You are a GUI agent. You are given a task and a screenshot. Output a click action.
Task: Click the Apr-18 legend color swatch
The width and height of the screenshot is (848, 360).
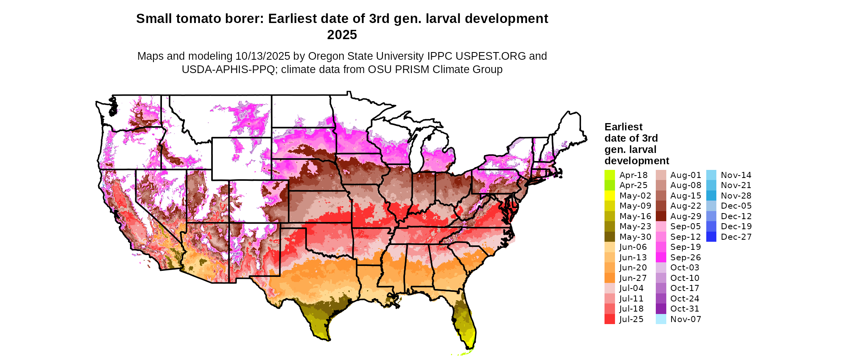609,175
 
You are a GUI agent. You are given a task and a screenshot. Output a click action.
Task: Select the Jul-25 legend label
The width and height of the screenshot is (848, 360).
631,319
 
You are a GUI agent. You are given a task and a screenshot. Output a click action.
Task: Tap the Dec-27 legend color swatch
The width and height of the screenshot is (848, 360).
711,237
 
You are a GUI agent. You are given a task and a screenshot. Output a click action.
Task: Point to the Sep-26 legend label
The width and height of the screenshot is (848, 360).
685,257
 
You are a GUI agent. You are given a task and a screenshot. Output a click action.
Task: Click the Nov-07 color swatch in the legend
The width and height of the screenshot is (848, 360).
661,319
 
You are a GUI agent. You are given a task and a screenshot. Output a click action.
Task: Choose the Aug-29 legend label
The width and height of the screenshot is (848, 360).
685,216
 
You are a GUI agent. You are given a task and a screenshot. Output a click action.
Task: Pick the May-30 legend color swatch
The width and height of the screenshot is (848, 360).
609,237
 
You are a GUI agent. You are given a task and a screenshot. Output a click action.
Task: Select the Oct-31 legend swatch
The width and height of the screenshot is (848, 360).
661,309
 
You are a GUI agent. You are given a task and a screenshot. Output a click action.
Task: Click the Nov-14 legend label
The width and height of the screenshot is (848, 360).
736,175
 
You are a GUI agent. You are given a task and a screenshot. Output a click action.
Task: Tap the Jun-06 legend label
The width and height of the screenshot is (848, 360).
633,247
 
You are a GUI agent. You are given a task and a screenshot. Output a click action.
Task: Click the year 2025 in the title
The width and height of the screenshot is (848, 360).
342,35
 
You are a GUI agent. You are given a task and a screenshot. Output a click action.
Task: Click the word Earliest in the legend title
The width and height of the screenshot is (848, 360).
623,127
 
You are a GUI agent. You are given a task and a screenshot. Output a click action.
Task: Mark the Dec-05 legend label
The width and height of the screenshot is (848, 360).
736,206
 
